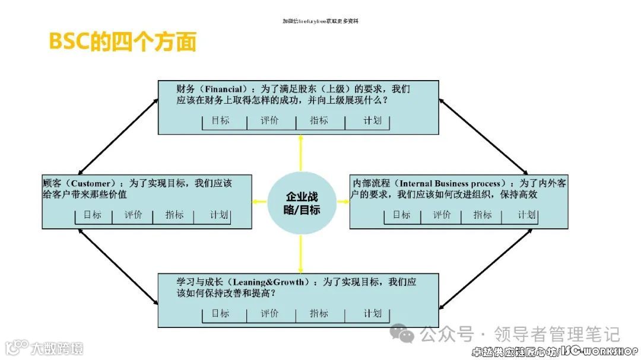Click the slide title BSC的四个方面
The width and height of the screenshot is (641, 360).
[122, 42]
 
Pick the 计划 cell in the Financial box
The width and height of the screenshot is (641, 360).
[372, 120]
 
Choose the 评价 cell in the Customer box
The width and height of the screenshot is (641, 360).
[134, 215]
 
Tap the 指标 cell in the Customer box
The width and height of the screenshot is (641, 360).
[174, 215]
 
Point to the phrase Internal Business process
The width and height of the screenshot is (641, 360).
[450, 183]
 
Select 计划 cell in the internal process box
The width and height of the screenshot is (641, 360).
[526, 215]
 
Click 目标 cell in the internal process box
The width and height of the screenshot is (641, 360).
[401, 215]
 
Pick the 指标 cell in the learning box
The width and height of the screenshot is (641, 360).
[319, 313]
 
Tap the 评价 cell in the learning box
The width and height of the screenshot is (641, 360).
[269, 313]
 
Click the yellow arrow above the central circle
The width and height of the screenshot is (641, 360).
[302, 153]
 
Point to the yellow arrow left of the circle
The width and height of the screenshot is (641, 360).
[259, 202]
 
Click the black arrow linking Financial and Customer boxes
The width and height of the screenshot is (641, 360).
[118, 136]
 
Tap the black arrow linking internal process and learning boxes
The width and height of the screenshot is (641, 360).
[486, 267]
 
